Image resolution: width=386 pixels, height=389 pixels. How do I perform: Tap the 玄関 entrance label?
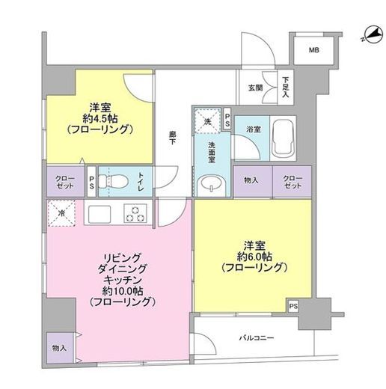pyautogui.click(x=255, y=88)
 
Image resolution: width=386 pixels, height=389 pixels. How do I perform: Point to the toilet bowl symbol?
pyautogui.click(x=113, y=180)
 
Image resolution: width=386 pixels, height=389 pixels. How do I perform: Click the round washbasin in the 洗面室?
pyautogui.click(x=209, y=182)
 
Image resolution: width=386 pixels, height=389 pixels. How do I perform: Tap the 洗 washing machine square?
pyautogui.click(x=205, y=118)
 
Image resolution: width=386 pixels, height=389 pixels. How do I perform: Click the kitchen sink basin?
pyautogui.click(x=100, y=214)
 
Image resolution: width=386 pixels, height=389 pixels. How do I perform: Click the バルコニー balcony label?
pyautogui.click(x=256, y=338)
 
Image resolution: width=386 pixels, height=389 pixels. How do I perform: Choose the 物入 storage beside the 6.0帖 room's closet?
pyautogui.click(x=252, y=180)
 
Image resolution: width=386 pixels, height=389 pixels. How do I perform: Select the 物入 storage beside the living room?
pyautogui.click(x=59, y=348)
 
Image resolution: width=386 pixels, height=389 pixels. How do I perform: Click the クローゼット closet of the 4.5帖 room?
pyautogui.click(x=64, y=182)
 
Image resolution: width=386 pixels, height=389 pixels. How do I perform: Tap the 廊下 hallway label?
pyautogui.click(x=173, y=139)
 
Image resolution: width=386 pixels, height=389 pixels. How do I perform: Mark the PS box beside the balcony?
pyautogui.click(x=293, y=305)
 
